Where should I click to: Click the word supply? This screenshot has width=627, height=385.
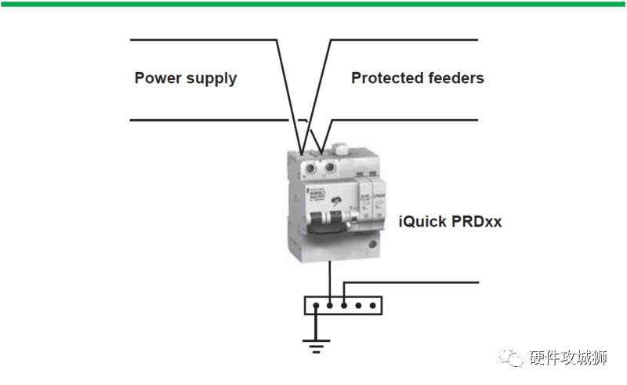211,79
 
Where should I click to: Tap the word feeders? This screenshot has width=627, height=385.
456,78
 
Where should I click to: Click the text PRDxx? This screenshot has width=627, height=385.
477,222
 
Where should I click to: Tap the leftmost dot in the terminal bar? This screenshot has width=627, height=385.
316,305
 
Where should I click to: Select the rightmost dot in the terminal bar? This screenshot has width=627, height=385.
371,305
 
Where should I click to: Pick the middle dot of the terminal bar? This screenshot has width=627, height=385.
344,305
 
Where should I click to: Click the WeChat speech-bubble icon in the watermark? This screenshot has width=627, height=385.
513,358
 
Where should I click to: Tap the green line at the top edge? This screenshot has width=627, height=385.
313,3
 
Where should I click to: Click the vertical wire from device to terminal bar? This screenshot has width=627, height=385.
330,278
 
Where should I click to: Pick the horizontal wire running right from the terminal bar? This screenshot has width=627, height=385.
415,281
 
